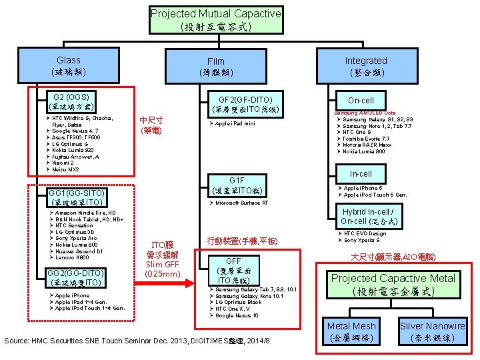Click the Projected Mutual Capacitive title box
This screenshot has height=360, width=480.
click(215, 20)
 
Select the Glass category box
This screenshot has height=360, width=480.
click(69, 65)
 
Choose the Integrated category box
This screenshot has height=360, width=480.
click(365, 65)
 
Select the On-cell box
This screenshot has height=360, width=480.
click(361, 101)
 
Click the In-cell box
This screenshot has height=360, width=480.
click(361, 174)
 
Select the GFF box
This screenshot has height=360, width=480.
click(233, 271)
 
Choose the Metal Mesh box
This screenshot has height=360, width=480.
click(351, 331)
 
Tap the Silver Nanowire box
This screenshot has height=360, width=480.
click(433, 331)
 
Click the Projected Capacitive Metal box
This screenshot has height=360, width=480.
click(394, 284)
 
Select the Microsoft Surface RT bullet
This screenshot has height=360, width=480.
click(241, 203)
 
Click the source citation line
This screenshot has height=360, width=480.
click(137, 341)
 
